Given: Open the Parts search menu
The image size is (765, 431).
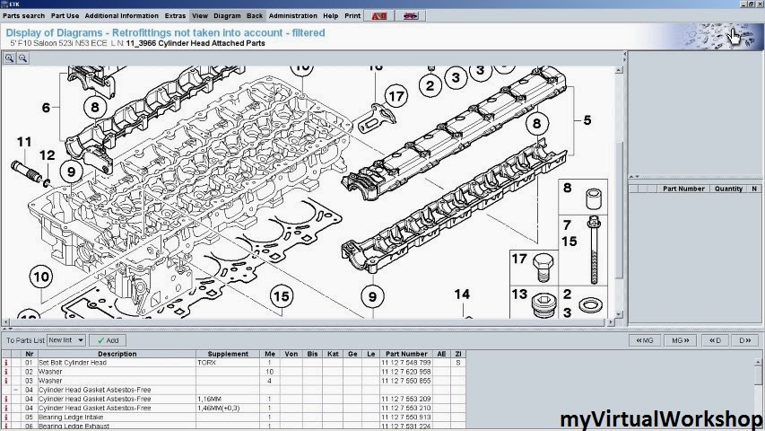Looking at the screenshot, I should pos(23,15).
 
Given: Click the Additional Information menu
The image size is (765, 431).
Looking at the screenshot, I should pos(123,15).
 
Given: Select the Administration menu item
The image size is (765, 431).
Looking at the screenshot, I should pos(292,15).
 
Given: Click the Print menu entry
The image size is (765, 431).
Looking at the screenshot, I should pos(352,15).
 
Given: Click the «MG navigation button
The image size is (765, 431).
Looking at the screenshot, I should pos(644,340).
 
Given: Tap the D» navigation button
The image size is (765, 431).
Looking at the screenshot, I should pos(743,340).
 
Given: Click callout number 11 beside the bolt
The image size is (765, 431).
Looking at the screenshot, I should pos(24,142).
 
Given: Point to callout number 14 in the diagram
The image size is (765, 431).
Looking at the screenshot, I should pos(461,294).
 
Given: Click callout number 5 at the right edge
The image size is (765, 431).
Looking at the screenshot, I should pos(587,119).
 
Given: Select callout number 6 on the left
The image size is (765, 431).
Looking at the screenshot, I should pos(45,108).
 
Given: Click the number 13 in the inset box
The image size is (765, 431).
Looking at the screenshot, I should pos(520,294).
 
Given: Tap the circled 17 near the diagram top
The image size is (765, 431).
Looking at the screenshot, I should pos(396,96).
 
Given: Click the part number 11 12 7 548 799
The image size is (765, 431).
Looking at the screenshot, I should pos(405,362).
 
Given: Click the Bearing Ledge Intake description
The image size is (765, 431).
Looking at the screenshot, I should pos(70,417).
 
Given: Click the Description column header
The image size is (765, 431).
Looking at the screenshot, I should pos(117,354).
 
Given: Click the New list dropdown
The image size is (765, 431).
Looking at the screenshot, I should pos(66,340).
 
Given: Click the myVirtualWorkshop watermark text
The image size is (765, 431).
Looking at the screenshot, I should pos(660,418).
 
